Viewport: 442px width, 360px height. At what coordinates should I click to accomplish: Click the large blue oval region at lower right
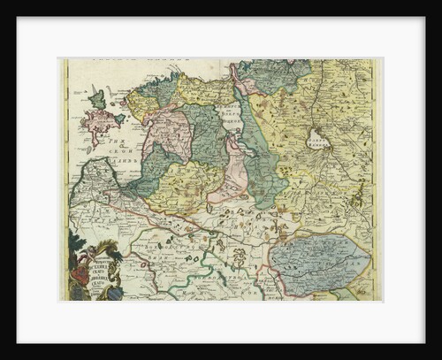[x=318, y=257]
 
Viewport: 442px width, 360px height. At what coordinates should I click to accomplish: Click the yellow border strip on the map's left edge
[x=64, y=177]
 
